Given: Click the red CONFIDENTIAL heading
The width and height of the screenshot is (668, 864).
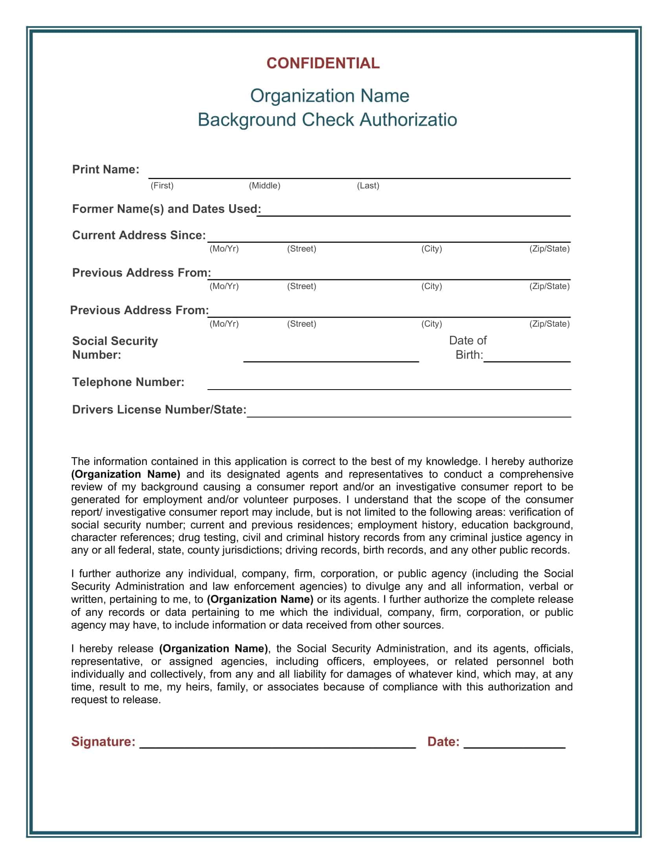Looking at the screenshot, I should coord(323,63).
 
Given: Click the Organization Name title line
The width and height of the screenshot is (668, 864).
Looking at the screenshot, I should coord(329,96).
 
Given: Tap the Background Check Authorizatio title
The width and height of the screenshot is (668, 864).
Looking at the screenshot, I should coord(327,120).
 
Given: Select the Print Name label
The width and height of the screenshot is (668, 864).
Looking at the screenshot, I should coord(106,169).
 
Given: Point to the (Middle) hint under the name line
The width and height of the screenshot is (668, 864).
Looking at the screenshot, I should coord(264,185).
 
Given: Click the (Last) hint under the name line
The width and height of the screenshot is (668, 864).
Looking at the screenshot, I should coord(368,185).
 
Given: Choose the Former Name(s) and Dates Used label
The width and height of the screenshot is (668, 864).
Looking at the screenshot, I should coord(166,209).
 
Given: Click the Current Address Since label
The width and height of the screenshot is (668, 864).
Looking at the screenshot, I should coord(139,235).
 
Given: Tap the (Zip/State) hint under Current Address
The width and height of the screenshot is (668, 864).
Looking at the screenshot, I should coord(549,249).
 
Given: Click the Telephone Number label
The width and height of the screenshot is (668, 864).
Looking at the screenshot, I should coord(128,382).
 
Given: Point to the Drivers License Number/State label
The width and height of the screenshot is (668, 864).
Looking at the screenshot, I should coord(159,410).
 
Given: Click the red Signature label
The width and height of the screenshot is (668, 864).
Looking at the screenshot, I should coord(103,741).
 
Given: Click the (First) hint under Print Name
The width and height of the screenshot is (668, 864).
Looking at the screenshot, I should coord(162,185).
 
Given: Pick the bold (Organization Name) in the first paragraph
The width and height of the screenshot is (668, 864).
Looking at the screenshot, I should coord(125,474).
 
